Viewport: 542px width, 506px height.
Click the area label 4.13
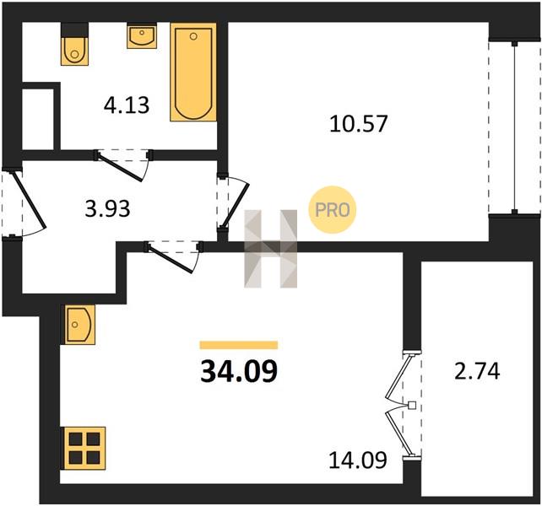(127, 105)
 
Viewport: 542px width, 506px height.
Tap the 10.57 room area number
(358, 124)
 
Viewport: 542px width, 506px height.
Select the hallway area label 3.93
(107, 209)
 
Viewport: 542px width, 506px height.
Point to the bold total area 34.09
(239, 371)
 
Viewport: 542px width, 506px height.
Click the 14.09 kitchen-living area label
(357, 460)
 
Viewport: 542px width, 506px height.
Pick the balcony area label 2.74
(477, 371)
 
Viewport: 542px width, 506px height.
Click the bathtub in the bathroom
(193, 73)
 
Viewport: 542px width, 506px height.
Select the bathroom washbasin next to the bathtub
(142, 36)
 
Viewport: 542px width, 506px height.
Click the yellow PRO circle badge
(332, 209)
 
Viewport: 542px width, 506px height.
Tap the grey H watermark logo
(271, 249)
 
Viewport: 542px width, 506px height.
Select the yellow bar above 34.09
(239, 345)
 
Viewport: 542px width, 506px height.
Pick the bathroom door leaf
(120, 168)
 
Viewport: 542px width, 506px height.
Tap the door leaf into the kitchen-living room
(170, 260)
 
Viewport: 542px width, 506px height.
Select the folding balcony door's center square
(412, 405)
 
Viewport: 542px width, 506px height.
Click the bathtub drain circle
(193, 36)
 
